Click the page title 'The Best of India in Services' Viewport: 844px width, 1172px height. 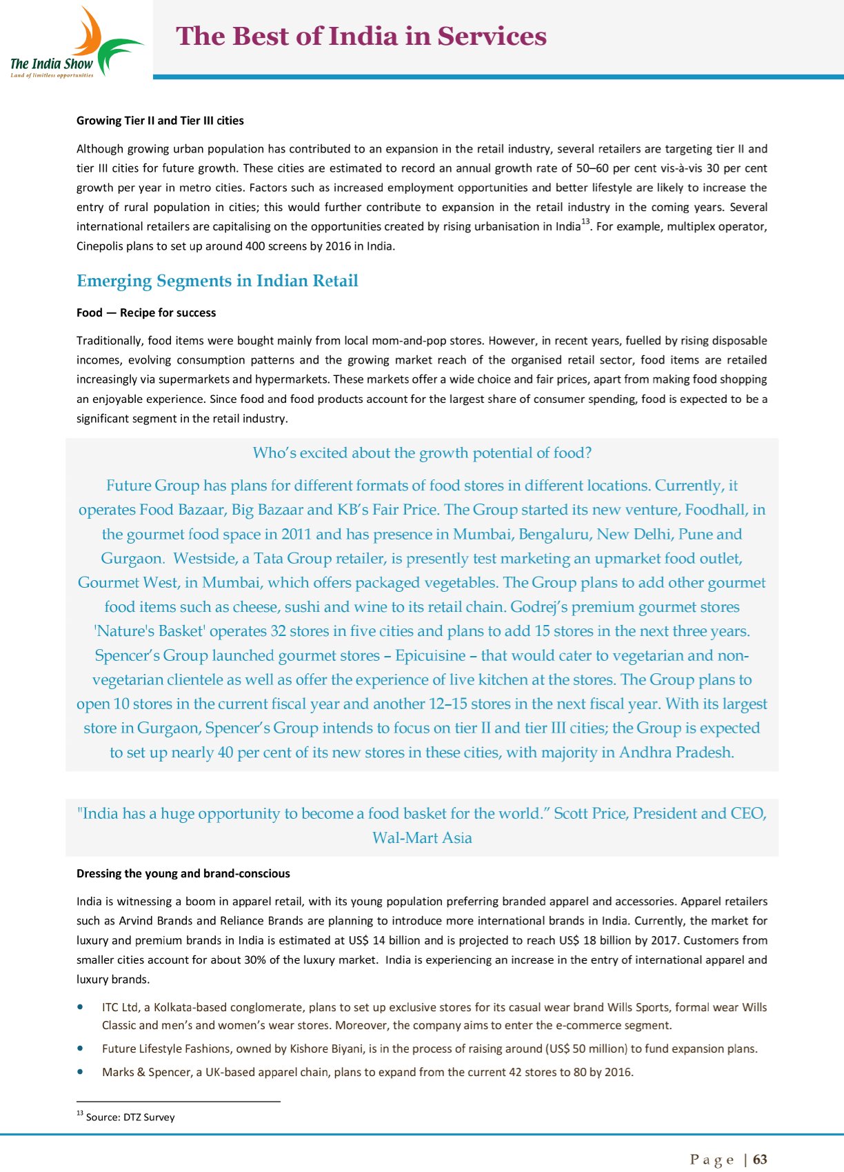click(x=361, y=36)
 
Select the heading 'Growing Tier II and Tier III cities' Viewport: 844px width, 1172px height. click(x=160, y=121)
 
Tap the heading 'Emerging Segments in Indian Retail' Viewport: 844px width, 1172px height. click(x=217, y=281)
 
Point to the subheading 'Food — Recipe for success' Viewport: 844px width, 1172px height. click(x=146, y=312)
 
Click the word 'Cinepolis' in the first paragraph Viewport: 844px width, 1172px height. click(x=99, y=246)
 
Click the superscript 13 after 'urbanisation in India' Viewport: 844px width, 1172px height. click(x=585, y=221)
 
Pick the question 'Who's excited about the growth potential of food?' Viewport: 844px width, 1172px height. click(x=422, y=453)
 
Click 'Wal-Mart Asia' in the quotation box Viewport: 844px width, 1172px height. click(x=422, y=837)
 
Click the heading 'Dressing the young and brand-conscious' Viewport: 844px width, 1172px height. click(x=183, y=873)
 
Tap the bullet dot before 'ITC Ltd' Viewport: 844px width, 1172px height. click(x=82, y=1007)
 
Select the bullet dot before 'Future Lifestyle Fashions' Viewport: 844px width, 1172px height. click(x=82, y=1049)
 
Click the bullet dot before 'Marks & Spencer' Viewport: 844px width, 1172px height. click(x=82, y=1072)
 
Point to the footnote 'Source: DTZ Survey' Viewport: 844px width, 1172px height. click(x=130, y=1117)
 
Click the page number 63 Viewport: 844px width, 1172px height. click(x=760, y=1159)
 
